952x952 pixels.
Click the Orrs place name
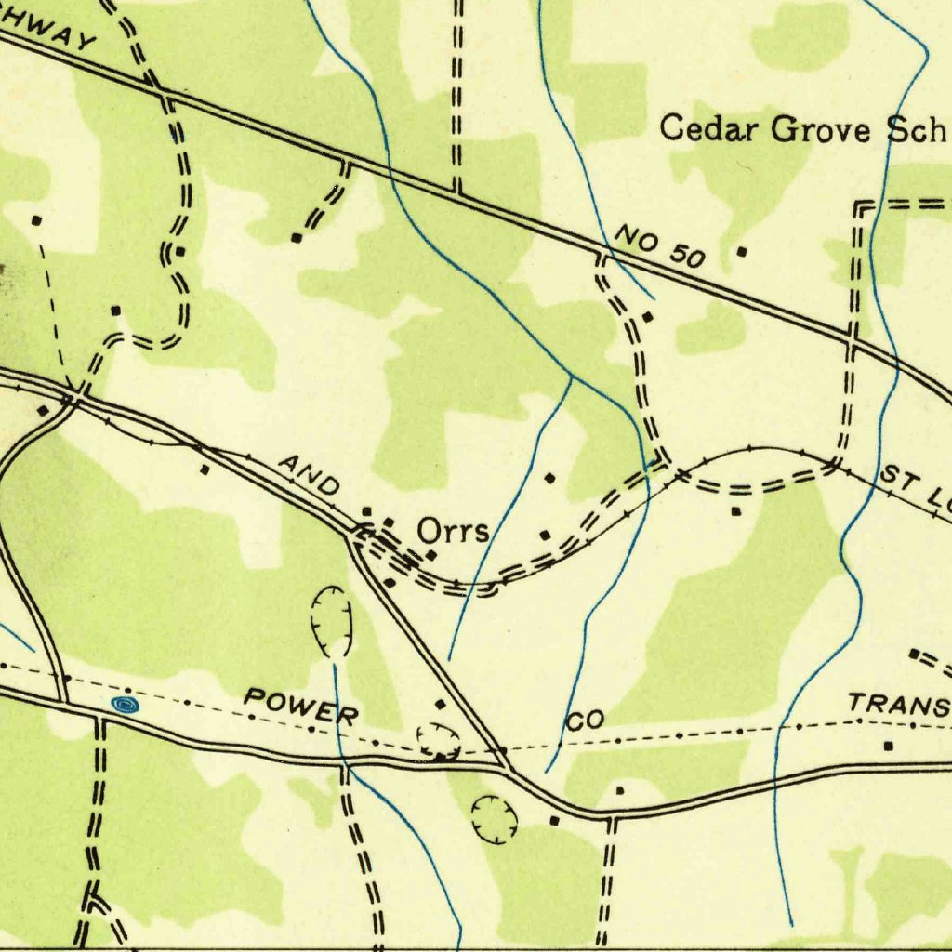[x=453, y=531]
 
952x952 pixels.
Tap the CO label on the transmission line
[x=586, y=720]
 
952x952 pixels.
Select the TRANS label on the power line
[x=898, y=706]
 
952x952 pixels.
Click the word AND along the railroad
[x=310, y=474]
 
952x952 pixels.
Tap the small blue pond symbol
[x=123, y=705]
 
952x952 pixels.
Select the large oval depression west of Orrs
[x=332, y=620]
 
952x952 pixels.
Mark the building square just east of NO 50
[x=741, y=251]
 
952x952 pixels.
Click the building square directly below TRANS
[x=889, y=746]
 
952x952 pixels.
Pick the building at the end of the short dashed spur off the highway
[x=296, y=238]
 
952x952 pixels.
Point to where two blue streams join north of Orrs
[x=571, y=377]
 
